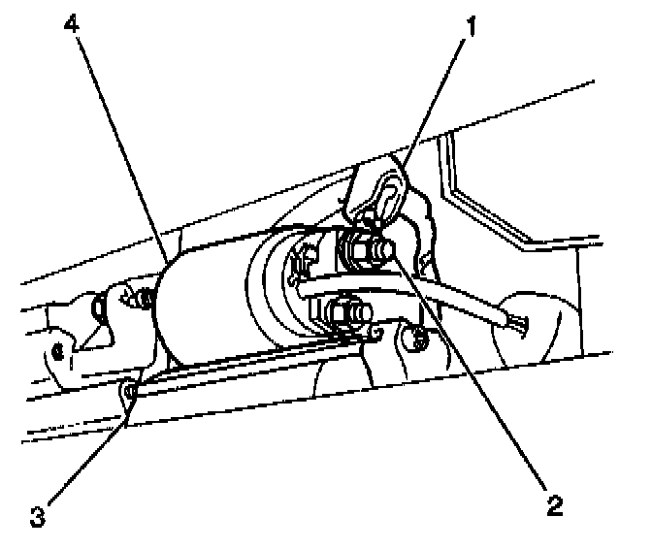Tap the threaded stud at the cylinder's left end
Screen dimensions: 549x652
pyautogui.click(x=146, y=299)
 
